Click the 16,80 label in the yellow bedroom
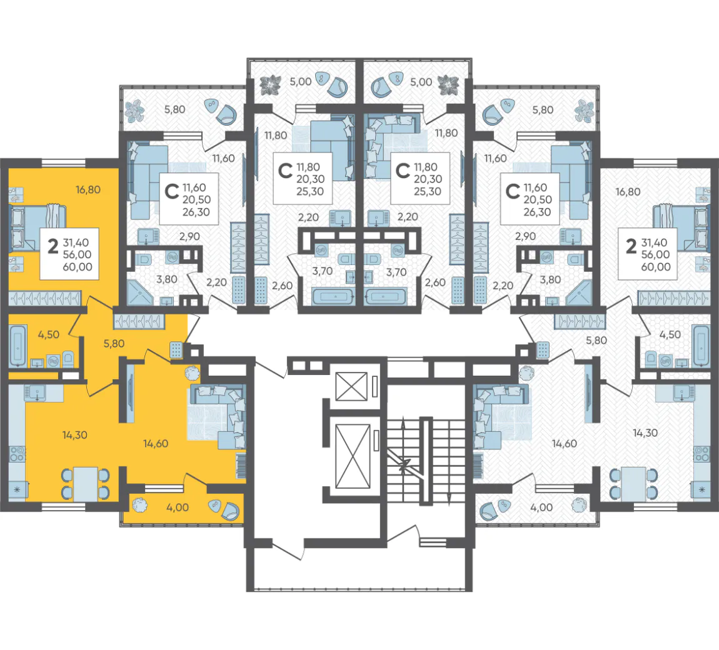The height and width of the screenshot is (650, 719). [88, 189]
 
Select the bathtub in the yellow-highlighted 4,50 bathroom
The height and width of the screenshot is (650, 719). [18, 345]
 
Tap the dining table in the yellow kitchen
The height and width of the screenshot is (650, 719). [86, 484]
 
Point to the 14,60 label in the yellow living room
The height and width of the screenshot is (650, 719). [156, 443]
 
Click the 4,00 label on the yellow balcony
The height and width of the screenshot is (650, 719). [178, 507]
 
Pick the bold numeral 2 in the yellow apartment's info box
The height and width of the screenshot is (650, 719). [53, 246]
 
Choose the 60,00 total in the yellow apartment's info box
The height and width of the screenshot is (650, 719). [78, 267]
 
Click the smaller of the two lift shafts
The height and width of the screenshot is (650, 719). [352, 386]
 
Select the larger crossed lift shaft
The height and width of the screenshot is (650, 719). [353, 456]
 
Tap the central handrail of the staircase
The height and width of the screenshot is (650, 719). [426, 461]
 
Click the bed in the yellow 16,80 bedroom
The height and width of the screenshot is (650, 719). [38, 228]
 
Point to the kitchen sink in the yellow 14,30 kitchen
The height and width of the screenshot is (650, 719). [34, 393]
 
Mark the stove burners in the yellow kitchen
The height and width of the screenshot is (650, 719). [18, 453]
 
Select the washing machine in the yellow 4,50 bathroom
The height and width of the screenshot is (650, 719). [54, 361]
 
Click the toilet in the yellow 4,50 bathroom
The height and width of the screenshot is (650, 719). [68, 359]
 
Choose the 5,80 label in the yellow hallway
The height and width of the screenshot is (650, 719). [114, 343]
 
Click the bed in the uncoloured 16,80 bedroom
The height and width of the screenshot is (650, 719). [681, 228]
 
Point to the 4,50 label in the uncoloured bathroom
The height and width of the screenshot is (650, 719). [670, 334]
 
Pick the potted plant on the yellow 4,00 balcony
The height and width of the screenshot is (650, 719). [140, 505]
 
